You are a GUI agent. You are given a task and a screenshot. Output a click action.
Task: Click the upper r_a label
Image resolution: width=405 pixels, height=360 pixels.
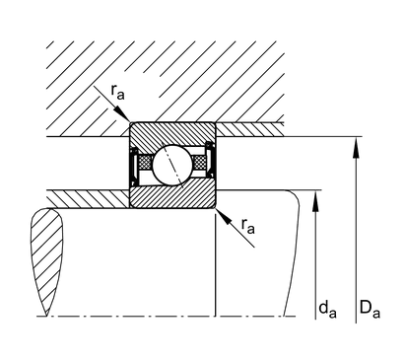[x=118, y=92]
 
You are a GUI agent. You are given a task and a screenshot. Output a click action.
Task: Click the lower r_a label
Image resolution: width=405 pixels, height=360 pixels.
[x=248, y=226]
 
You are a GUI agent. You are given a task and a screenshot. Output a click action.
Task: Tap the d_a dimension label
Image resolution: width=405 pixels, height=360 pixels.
[x=327, y=310]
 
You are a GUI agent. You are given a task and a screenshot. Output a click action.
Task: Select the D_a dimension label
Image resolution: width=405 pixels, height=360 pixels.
[x=370, y=309]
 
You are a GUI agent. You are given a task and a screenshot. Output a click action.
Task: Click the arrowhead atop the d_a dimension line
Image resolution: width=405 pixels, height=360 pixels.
[x=315, y=201]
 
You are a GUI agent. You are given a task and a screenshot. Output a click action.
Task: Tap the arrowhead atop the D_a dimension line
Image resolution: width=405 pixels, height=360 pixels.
[x=356, y=148]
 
